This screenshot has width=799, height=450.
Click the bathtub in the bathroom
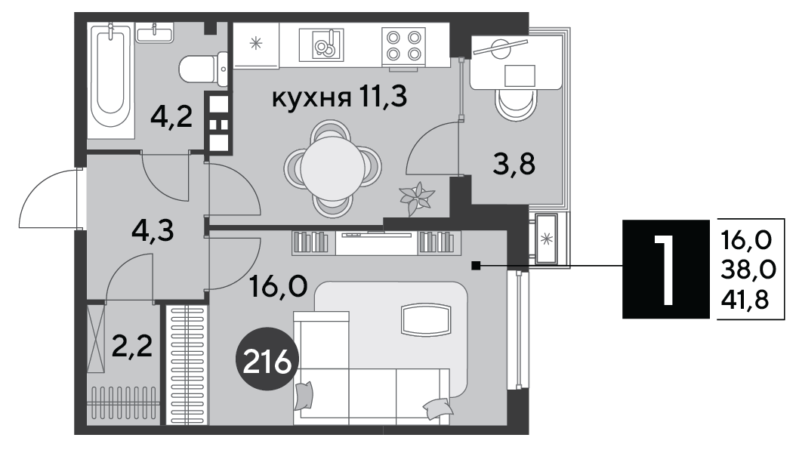click(x=111, y=80)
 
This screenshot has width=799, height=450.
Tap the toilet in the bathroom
click(x=204, y=69)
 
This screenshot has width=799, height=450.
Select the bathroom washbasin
click(x=155, y=33)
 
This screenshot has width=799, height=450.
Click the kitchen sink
click(x=321, y=45)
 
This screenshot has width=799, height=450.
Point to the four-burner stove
click(x=403, y=45)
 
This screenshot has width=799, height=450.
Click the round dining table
click(x=332, y=168)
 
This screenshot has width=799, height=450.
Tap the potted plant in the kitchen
click(x=417, y=199)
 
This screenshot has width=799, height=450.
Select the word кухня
click(x=311, y=97)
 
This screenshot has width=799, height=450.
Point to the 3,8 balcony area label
click(x=514, y=164)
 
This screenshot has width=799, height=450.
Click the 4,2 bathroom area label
click(x=171, y=117)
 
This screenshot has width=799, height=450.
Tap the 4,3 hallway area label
click(x=153, y=231)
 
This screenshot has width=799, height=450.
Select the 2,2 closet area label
click(x=132, y=347)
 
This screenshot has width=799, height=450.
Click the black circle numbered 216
click(x=267, y=359)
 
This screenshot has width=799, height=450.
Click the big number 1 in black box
click(x=665, y=269)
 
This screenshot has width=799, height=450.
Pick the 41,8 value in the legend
click(x=745, y=301)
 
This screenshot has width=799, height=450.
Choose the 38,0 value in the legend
click(x=748, y=270)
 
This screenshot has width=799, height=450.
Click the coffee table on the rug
click(x=426, y=319)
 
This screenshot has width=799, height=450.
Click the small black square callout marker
click(x=476, y=266)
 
